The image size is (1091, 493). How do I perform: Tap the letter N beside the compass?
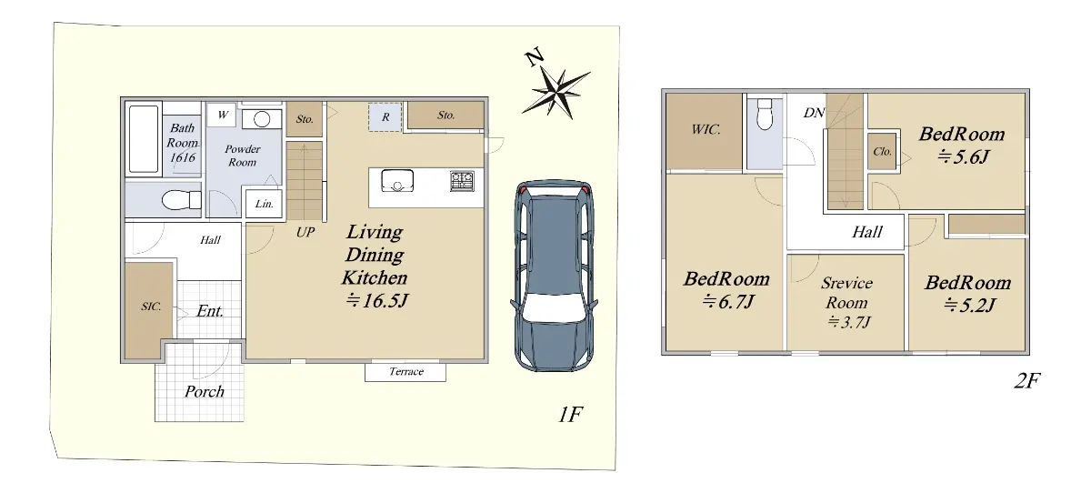pos(535,56)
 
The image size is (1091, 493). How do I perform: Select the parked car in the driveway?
pos(555,276)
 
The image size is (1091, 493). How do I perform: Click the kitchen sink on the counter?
pos(397,181)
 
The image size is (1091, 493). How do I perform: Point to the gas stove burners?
pos(462,181)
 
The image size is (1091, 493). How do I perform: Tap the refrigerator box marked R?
pos(385,117)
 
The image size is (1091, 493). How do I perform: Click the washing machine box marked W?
pos(222,115)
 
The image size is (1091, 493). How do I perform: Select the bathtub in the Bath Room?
pos(144,139)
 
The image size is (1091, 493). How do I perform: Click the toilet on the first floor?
pos(181,200)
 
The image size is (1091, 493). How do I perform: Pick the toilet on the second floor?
pos(765,114)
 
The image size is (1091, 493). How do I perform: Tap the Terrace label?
pos(406,372)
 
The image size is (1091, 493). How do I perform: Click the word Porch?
pos(205,392)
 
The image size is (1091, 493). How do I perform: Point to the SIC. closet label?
pos(151,307)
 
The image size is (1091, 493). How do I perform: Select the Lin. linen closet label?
pos(264,204)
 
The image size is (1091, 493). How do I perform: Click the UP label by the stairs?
pos(305,232)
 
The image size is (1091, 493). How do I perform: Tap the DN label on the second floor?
pos(814,113)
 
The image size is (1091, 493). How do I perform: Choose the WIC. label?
pos(706,129)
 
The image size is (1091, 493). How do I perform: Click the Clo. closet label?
pos(883,152)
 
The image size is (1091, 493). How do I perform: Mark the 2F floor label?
pos(1027,380)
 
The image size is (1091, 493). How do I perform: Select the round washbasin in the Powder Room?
pos(262,119)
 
